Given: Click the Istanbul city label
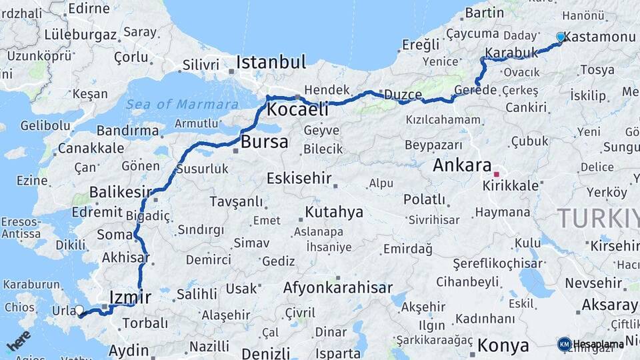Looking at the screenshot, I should coord(271,63).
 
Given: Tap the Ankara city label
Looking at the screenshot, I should coord(462,165).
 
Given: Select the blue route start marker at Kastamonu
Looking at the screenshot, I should coord(561,37).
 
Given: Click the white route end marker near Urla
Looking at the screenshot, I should coord(79,310).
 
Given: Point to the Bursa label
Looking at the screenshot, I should coord(264,142).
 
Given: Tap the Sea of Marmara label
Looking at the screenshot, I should coord(182,104).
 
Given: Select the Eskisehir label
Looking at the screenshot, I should coord(299,178).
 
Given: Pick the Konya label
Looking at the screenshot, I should coord(503,345).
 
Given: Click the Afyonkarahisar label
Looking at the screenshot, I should coord(337,288).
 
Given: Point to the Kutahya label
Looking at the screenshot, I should coord(334,212).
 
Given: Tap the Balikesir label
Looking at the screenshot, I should coord(121,192).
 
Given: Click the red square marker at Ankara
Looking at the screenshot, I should coord(496,173).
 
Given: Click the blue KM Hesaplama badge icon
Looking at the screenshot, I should coord(564,344).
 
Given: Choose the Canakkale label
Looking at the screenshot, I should coord(91,148).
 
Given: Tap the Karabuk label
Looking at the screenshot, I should coord(511,52).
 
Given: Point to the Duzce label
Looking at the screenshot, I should coord(403,95).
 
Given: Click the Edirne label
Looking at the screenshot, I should coord(89,9).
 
